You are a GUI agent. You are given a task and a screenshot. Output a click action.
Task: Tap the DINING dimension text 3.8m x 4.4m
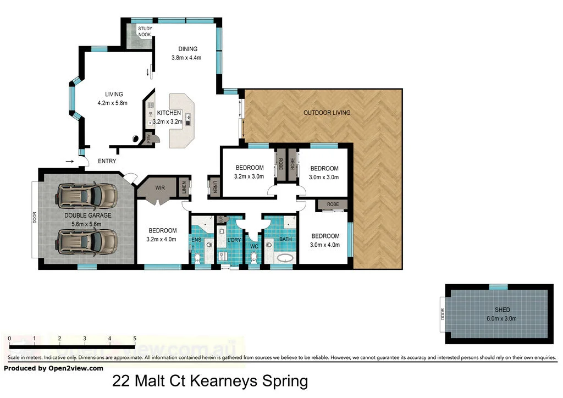[x=187, y=58]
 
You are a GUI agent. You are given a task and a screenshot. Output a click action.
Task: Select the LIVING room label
[x=114, y=94]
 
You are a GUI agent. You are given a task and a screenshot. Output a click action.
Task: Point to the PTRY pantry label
[x=148, y=139]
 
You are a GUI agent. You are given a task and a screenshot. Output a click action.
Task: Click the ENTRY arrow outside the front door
[x=69, y=161]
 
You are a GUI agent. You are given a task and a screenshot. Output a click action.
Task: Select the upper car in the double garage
[x=87, y=194]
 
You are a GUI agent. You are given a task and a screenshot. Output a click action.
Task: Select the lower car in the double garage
[x=87, y=240]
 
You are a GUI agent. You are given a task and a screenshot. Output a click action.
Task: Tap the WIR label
[x=160, y=188]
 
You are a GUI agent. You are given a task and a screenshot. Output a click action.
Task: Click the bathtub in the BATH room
[x=284, y=258]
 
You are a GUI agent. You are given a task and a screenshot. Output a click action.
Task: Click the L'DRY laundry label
[x=235, y=240]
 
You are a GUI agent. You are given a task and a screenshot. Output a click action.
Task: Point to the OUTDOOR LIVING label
[x=327, y=113]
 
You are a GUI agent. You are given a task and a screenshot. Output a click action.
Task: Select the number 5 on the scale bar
[x=135, y=339]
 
